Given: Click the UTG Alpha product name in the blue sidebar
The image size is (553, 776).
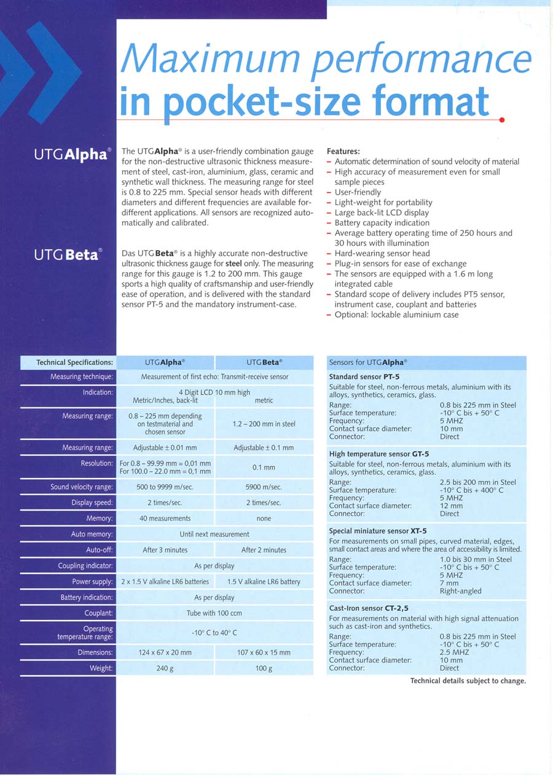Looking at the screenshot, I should coord(73,154).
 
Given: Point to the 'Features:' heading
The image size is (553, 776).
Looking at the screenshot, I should coord(343,151).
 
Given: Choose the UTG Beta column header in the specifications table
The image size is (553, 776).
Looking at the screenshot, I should coord(264,363).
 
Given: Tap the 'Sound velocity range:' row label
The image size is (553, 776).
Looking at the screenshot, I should coord(82,487).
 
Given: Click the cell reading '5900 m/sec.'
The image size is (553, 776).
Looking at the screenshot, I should coord(264,487).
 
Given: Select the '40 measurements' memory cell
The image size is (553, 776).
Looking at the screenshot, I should coord(165,519).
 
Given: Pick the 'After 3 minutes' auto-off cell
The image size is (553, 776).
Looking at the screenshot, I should coord(165,550).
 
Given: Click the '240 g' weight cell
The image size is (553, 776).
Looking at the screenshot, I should coord(165,668).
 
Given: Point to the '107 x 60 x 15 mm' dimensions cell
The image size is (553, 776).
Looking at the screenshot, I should coord(264,653).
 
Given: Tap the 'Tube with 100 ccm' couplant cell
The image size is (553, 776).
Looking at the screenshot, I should coord(214,613).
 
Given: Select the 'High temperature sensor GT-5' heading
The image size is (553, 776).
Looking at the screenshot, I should coord(379,454).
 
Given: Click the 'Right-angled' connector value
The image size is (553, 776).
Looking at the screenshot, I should coord(461,591).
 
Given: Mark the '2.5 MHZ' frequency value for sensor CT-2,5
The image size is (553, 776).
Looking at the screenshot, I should coord(452,653).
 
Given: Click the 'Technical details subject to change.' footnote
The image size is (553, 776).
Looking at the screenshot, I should coord(468,681).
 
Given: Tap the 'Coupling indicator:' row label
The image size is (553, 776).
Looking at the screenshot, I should coord(85,566).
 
